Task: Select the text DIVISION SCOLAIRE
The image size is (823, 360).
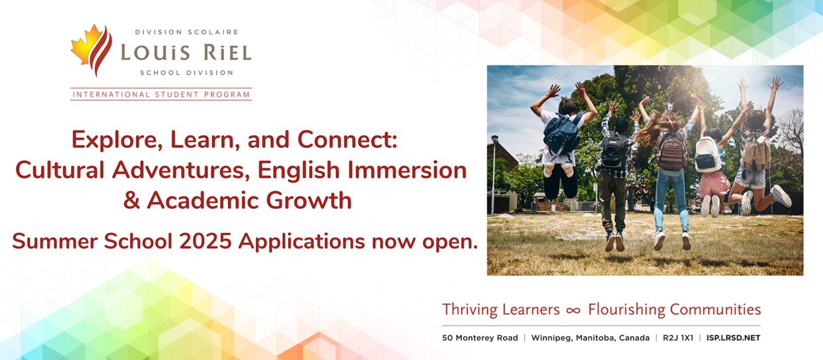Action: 187,32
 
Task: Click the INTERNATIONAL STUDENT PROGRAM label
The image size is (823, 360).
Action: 162,95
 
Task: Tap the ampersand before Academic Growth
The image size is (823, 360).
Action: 132,201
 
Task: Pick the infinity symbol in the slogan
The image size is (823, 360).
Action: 573,311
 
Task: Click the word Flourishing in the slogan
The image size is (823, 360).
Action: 627,310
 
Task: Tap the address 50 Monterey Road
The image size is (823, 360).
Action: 480,338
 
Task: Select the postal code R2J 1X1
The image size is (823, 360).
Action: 678,338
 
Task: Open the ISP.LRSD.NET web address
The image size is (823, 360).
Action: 733,338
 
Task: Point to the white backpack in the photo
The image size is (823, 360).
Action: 708,154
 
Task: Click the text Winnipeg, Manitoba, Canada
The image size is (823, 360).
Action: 590,338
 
